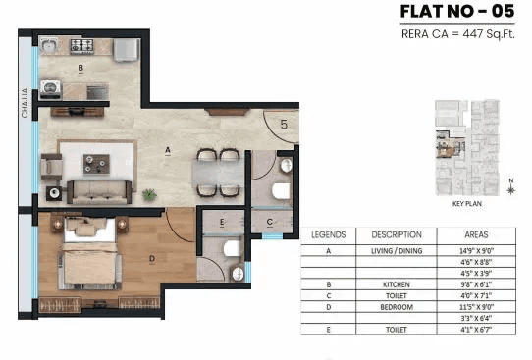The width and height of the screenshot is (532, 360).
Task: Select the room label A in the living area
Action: pos(168,150)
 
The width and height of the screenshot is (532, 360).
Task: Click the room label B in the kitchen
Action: pos(80,69)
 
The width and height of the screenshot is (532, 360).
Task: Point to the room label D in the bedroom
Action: pos(150,259)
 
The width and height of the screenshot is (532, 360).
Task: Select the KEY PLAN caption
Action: pos(464,206)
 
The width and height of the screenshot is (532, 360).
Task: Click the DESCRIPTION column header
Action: pos(397,235)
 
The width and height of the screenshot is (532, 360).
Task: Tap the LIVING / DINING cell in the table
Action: pos(397,250)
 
